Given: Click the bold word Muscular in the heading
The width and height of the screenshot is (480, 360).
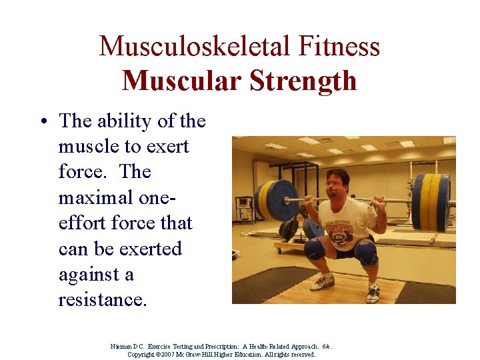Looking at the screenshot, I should [182, 81].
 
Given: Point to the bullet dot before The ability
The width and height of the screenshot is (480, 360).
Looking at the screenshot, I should [42, 122].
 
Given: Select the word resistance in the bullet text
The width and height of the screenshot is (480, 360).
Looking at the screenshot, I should [102, 299].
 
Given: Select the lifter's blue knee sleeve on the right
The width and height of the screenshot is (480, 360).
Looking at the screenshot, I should [365, 252].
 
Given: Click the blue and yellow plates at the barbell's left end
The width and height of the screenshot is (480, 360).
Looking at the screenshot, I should [275, 200].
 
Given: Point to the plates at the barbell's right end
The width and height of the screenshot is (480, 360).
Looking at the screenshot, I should [431, 202].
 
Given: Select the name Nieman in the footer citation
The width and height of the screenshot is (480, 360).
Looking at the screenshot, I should [122, 347].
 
